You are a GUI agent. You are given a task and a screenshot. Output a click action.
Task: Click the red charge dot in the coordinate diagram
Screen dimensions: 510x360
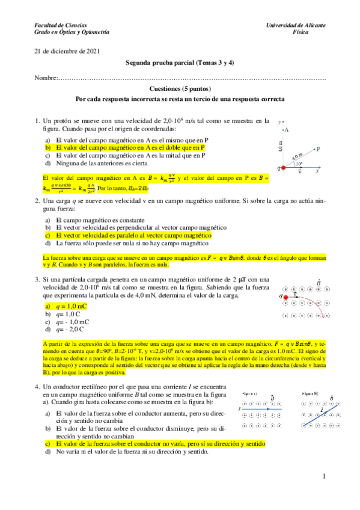tap(283, 167)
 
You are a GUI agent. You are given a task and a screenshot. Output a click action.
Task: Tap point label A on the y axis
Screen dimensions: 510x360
tap(287, 130)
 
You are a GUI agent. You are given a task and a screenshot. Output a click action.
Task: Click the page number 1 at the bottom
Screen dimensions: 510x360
tap(323, 477)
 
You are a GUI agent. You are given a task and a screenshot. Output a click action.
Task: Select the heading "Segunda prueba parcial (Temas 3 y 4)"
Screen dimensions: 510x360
tap(180, 63)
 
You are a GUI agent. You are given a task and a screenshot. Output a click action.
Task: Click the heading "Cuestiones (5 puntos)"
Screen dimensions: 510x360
tap(180, 88)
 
